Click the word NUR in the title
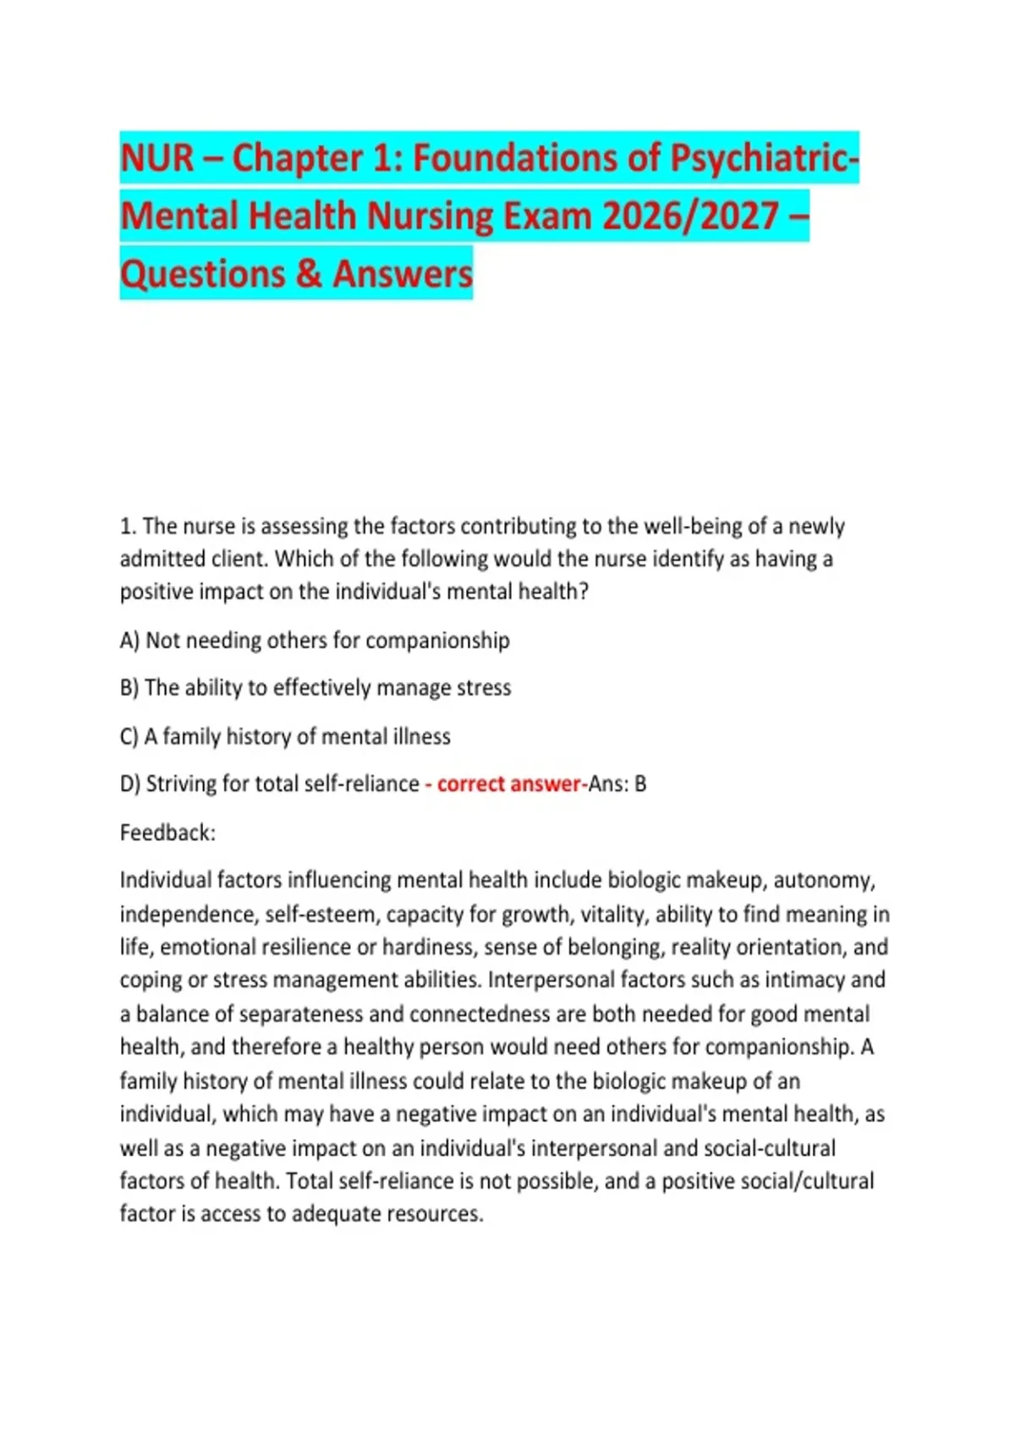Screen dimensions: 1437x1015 coord(156,158)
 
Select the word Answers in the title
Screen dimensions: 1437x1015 coord(402,274)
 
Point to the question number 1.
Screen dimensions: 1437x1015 coord(128,527)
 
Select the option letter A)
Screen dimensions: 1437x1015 coord(129,641)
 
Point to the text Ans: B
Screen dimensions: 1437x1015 coord(617,784)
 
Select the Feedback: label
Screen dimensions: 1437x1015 coord(167,833)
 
